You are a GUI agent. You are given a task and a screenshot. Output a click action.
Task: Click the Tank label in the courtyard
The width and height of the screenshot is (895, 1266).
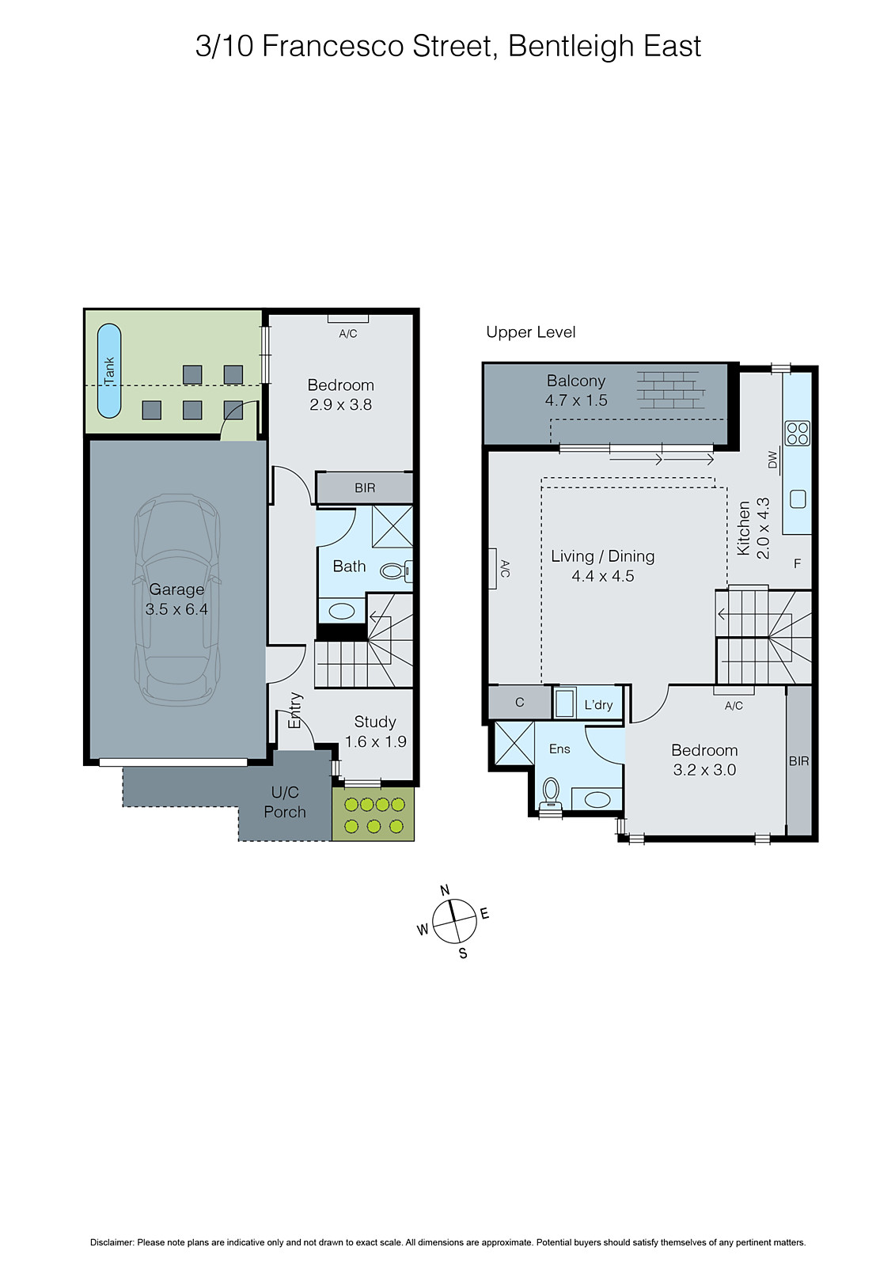click(x=109, y=371)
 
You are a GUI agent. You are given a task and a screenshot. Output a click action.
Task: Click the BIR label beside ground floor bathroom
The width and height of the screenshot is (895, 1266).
click(x=365, y=488)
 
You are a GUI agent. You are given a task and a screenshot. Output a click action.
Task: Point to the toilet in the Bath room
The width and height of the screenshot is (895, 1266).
click(x=394, y=570)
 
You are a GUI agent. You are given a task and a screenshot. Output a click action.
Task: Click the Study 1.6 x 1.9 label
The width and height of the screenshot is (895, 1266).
click(x=375, y=731)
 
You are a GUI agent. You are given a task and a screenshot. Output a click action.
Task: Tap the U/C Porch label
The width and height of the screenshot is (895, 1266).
click(x=285, y=802)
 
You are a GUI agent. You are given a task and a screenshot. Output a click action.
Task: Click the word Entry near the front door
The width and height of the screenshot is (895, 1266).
click(x=295, y=710)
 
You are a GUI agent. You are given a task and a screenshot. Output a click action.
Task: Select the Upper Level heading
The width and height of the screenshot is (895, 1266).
click(x=530, y=332)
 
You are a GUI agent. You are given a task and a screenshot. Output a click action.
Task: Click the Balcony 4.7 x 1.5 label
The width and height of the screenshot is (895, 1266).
click(x=576, y=391)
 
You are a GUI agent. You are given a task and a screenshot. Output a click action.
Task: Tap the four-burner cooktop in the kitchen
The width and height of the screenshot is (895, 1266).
click(x=797, y=433)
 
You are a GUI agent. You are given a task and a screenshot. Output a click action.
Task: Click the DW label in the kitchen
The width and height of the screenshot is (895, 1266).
click(x=773, y=460)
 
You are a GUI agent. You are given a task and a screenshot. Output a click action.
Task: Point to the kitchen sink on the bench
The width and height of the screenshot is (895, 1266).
click(x=798, y=498)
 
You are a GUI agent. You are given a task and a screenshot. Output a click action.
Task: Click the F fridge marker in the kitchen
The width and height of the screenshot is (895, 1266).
click(x=797, y=564)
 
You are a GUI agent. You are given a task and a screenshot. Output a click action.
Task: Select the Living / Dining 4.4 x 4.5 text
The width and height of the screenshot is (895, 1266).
click(x=603, y=566)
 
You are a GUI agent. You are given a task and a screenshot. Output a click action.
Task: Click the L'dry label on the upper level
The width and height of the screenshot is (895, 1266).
click(x=598, y=705)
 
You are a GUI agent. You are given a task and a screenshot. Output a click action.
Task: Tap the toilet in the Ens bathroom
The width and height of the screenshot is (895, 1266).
click(x=551, y=791)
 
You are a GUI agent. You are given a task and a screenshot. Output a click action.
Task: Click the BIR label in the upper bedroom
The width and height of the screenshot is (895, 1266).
click(x=798, y=761)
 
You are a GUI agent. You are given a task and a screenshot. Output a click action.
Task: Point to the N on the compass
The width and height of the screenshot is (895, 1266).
click(x=445, y=890)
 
